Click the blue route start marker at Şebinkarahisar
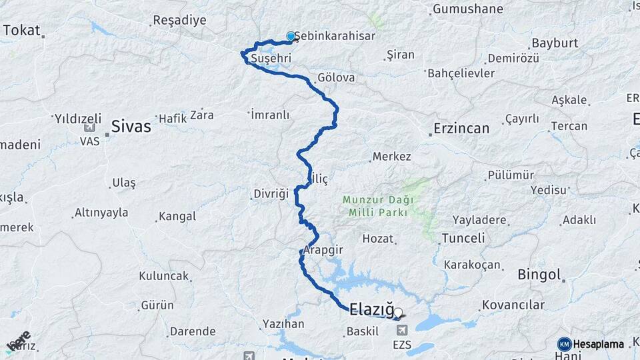click(x=291, y=37)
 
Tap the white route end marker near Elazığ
click(x=398, y=312)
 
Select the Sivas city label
click(x=131, y=126)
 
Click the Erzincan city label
click(x=461, y=128)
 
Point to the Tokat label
click(x=21, y=30)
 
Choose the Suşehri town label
click(x=271, y=59)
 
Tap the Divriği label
click(x=271, y=194)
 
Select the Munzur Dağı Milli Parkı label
click(x=378, y=205)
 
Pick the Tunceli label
click(x=468, y=238)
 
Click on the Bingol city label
click(x=539, y=275)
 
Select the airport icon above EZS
click(x=402, y=331)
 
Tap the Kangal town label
click(x=177, y=216)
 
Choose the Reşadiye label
click(x=179, y=20)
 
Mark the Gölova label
click(x=336, y=78)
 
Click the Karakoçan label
click(x=472, y=265)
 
